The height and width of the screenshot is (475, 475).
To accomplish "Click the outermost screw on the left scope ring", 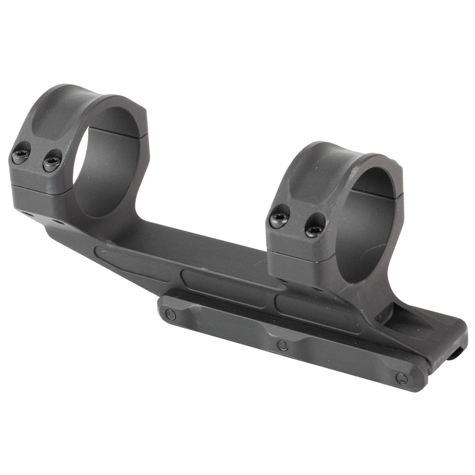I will tap(21, 156).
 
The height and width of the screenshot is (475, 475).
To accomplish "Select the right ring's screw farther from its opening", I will tap(278, 218).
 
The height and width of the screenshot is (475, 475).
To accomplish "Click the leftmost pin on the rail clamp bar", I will tap(170, 314).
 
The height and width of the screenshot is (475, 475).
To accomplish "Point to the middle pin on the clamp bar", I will tap(283, 346).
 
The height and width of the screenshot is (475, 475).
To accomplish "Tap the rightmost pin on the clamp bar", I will tap(402, 378).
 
